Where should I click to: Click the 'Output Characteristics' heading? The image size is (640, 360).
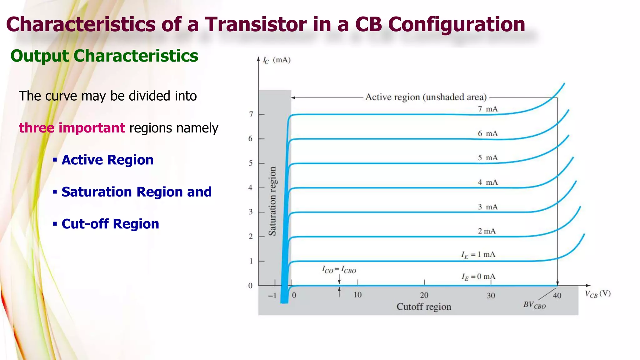104,56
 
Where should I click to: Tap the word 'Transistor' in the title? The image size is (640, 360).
256,24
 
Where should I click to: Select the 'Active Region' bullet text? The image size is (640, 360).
107,160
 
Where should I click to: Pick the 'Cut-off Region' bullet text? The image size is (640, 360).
110,224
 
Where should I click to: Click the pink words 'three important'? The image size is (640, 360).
72,128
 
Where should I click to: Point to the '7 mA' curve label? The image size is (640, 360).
487,109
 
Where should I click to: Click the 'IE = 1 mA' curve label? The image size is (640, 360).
478,255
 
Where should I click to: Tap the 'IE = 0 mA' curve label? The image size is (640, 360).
478,277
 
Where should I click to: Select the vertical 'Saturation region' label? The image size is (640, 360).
272,201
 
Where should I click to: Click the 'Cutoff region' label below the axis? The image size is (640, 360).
424,307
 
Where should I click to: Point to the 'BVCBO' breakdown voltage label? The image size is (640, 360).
534,305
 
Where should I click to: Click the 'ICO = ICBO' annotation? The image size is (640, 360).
339,269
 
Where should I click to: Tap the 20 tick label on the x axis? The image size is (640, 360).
424,295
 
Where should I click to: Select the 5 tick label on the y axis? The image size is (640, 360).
251,163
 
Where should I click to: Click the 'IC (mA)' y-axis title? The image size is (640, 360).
277,60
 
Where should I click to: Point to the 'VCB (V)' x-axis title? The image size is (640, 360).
597,294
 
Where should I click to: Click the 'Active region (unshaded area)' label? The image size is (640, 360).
426,97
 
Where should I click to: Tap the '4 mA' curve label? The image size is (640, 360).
487,182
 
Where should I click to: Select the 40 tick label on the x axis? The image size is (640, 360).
557,296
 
